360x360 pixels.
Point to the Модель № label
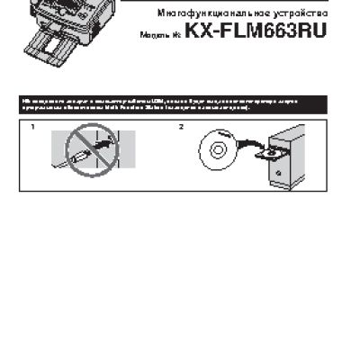(x=160, y=32)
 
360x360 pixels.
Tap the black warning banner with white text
(x=180, y=103)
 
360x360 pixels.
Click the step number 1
(x=33, y=127)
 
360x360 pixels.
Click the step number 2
(x=181, y=127)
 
